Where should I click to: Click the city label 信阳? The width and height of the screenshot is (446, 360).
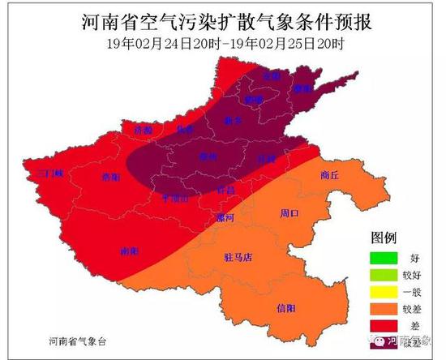286,308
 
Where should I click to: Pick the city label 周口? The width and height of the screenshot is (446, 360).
289,214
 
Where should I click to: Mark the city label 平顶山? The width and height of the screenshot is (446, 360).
176,197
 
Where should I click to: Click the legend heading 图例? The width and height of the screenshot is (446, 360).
383,238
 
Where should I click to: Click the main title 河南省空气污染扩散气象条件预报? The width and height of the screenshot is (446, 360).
222,21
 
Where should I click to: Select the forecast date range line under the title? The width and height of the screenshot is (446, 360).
222,43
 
